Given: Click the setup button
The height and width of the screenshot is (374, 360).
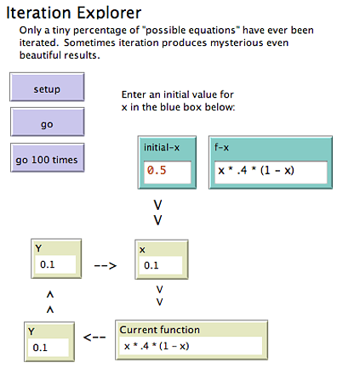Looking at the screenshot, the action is click(x=47, y=87).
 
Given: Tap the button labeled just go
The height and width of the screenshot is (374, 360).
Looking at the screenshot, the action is click(x=48, y=122).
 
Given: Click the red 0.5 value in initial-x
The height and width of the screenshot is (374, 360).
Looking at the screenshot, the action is click(x=157, y=170).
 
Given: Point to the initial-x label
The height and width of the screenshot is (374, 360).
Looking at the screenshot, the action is click(x=162, y=148).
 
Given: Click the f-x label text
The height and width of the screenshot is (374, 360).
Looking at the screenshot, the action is click(x=221, y=147).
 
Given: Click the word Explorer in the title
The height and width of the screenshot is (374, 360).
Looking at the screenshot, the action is click(x=109, y=14).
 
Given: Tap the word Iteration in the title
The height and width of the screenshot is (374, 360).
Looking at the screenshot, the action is click(x=38, y=13).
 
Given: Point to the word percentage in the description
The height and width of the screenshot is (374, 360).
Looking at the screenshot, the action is click(x=106, y=31).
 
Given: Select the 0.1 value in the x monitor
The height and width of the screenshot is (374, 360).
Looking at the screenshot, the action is click(x=151, y=265).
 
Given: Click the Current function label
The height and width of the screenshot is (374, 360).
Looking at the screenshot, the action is click(x=160, y=330).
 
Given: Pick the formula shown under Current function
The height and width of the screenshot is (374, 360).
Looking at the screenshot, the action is click(x=157, y=346).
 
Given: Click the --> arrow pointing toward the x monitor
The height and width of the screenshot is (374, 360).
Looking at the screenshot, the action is click(x=106, y=266).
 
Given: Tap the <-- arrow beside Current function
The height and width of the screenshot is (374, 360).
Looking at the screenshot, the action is click(x=94, y=337).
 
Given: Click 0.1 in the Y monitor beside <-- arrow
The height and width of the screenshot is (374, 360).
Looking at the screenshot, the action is click(x=40, y=348).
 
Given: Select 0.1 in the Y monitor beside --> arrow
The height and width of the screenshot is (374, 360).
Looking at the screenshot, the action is click(x=47, y=264).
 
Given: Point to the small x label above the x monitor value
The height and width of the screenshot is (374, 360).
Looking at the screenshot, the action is click(x=142, y=250).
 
